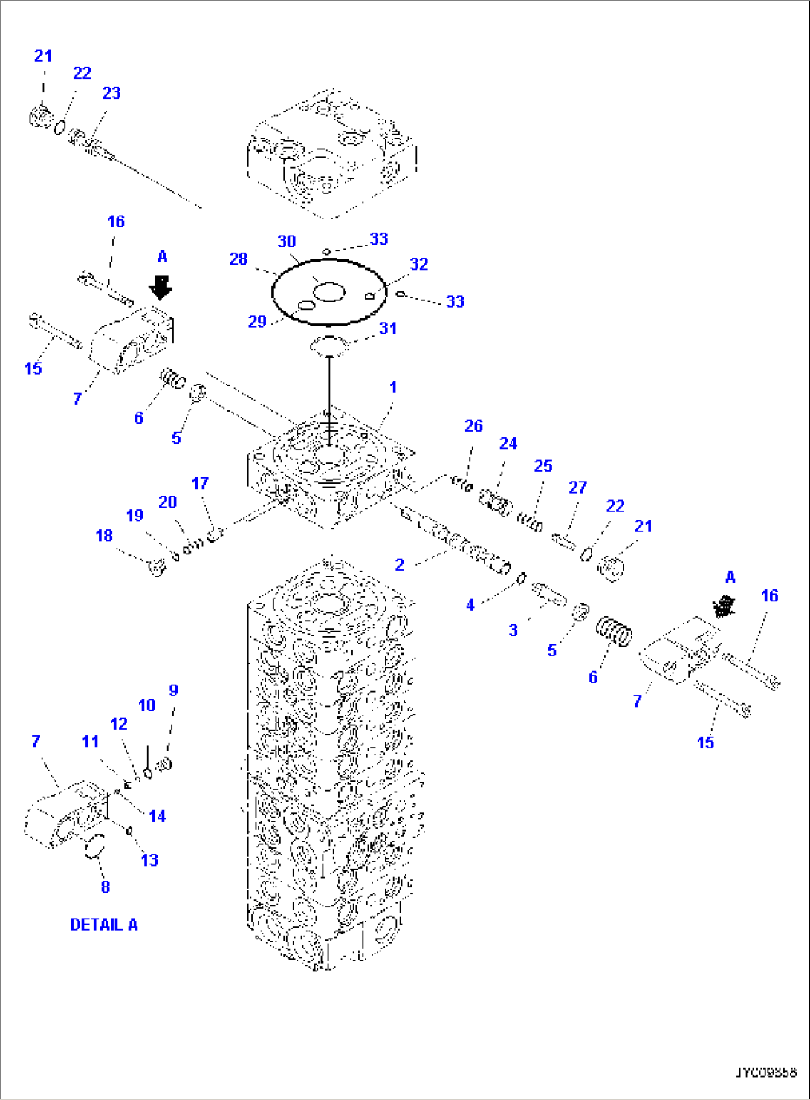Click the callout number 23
[x=111, y=94]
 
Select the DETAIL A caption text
[x=103, y=925]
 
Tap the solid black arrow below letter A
[x=161, y=287]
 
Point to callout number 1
[x=393, y=387]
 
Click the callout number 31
[x=388, y=329]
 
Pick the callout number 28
[x=238, y=259]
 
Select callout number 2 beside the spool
[x=399, y=565]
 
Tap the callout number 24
[x=508, y=444]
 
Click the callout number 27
[x=577, y=488]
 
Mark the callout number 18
[x=104, y=536]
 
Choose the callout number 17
[x=200, y=484]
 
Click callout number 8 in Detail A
[x=105, y=887]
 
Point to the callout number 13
[x=149, y=860]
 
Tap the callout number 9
[x=173, y=690]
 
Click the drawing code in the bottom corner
[x=766, y=1072]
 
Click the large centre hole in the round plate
[x=328, y=291]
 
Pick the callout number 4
[x=470, y=606]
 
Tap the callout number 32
[x=418, y=265]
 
